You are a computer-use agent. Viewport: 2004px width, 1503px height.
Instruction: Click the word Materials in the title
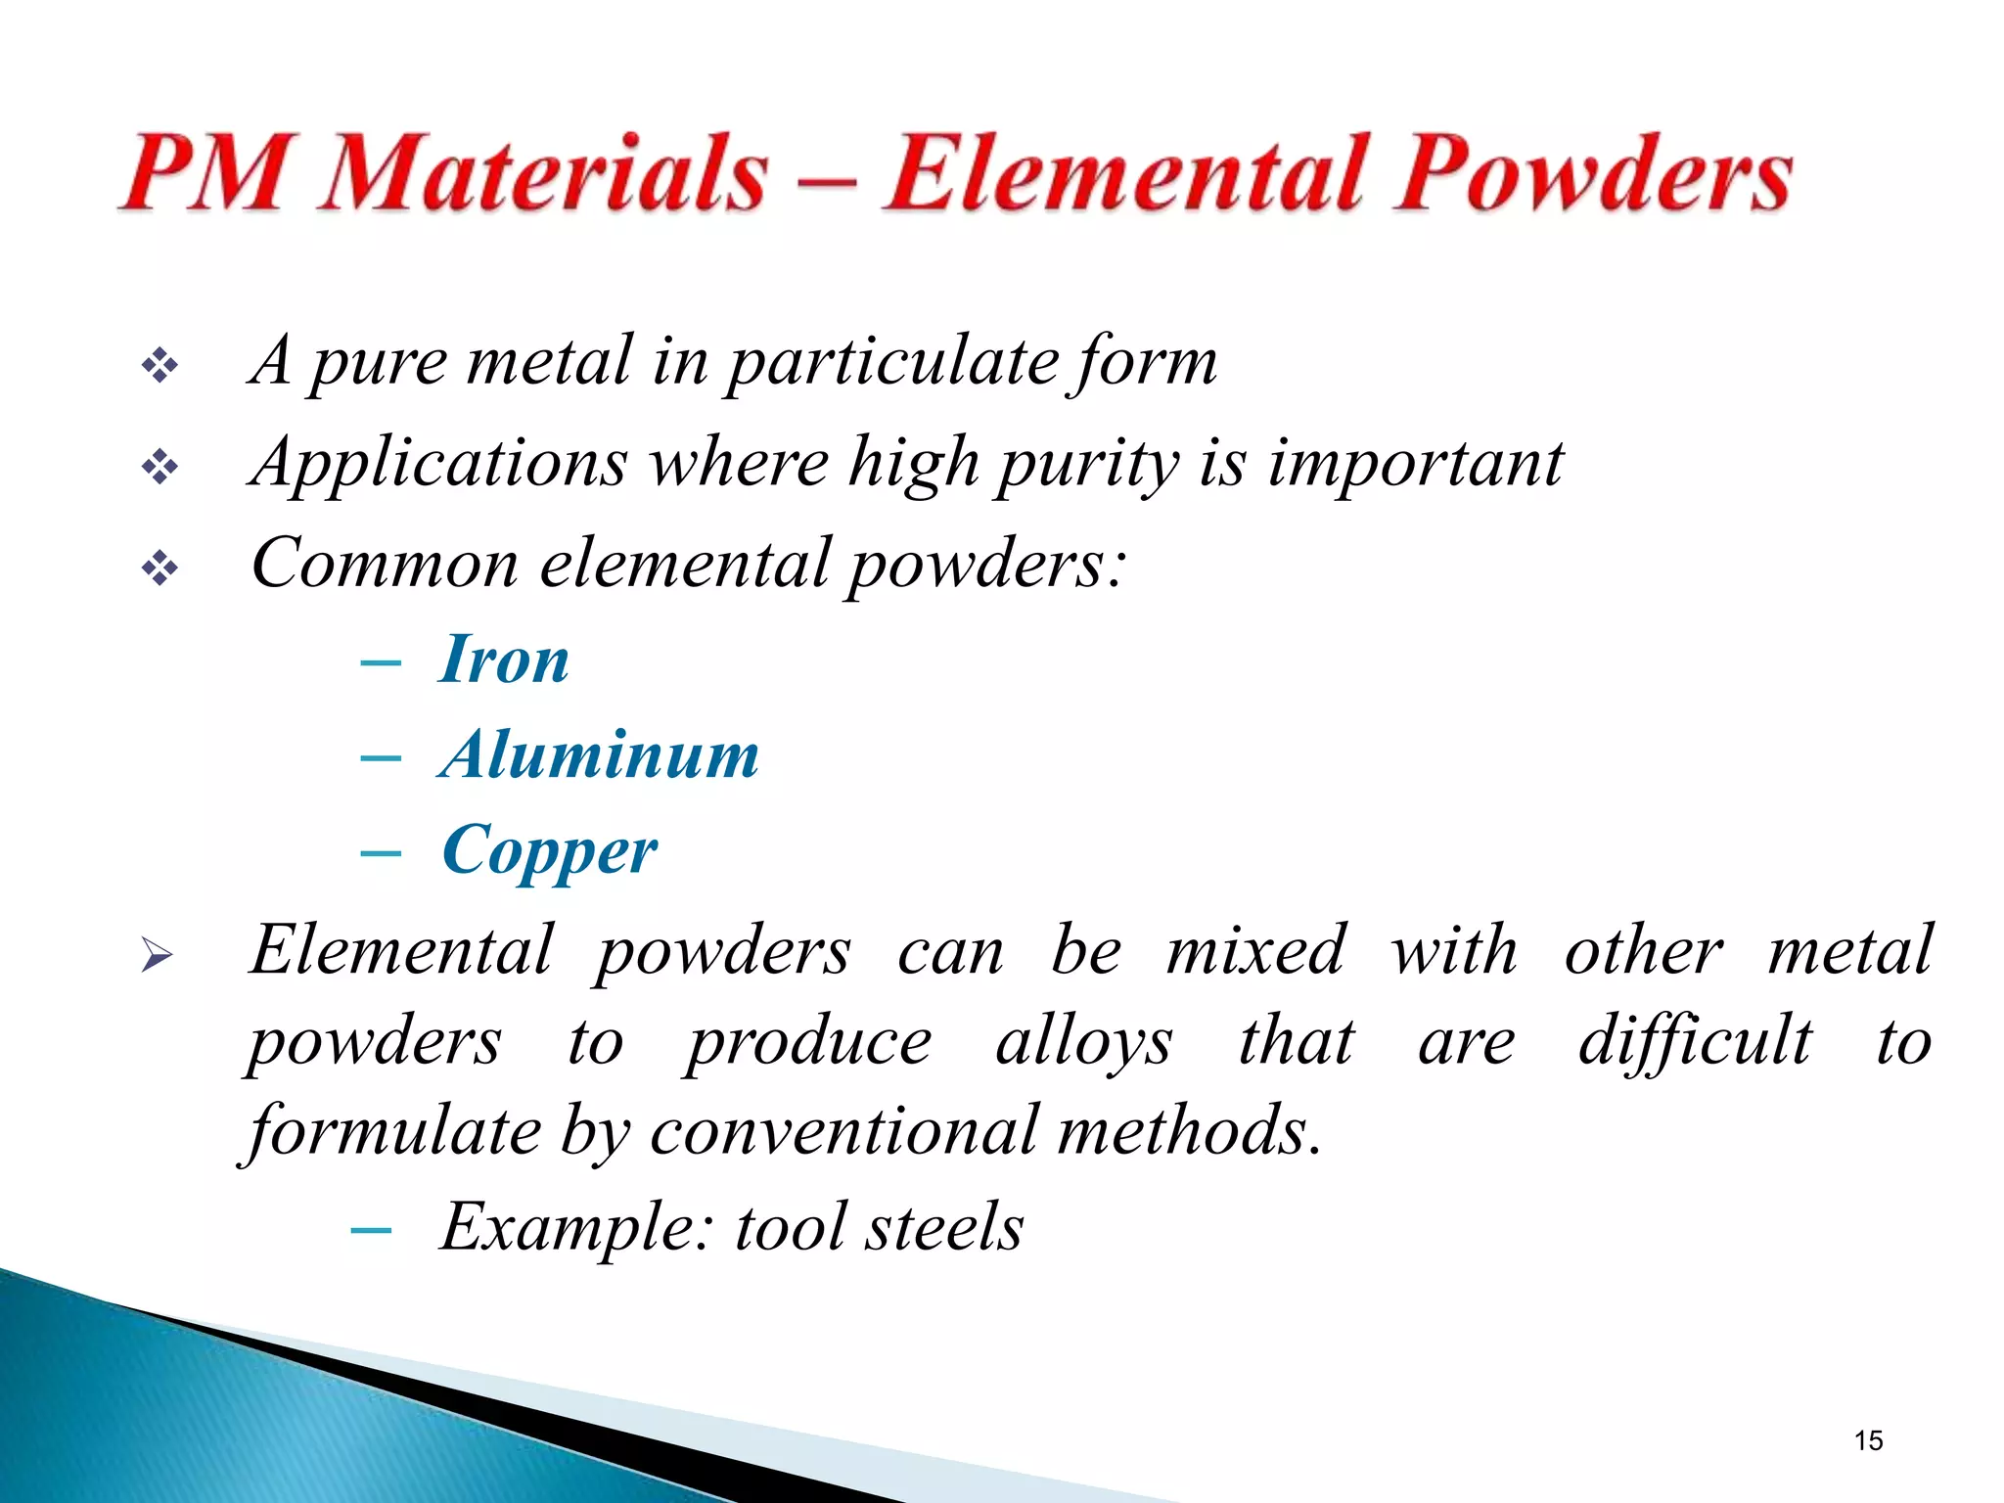(544, 174)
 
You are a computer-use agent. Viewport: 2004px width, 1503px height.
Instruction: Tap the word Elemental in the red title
(1125, 174)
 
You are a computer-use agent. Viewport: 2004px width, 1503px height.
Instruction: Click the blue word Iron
(505, 660)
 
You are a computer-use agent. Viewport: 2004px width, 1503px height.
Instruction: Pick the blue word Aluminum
(599, 755)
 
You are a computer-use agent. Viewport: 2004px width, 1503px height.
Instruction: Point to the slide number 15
(1868, 1440)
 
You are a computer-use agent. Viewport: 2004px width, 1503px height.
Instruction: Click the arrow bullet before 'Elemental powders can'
(157, 954)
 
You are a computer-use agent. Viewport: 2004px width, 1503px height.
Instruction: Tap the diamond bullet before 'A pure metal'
(159, 367)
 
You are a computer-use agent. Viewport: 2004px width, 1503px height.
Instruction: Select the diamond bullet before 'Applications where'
(159, 467)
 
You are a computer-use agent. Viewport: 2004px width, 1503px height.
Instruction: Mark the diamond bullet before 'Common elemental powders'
(159, 568)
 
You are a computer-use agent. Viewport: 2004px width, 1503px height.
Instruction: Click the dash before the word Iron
(381, 663)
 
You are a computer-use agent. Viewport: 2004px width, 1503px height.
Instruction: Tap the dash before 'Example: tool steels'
(371, 1230)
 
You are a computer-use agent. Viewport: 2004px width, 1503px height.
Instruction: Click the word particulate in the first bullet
(893, 362)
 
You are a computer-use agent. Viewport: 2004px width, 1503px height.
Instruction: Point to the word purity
(1086, 464)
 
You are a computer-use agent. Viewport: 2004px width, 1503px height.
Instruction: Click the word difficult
(1695, 1041)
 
